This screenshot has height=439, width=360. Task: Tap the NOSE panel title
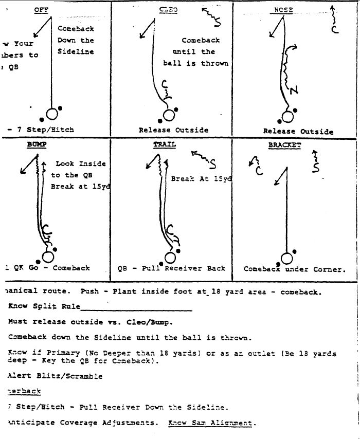point(284,10)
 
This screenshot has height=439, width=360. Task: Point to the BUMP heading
point(37,145)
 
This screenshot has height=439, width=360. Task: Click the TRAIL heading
point(164,145)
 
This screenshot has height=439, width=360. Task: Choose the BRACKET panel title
point(284,145)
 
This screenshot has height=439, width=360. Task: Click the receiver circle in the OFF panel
point(52,114)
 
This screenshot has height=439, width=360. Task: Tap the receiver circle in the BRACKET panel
point(286,258)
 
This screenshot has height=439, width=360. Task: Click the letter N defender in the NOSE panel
point(293,91)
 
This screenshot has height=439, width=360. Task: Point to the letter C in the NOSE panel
point(335,30)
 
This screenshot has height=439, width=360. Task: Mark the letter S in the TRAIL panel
point(212,164)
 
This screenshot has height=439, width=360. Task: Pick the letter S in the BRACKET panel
point(317,167)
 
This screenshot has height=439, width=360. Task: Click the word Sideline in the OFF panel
point(76,51)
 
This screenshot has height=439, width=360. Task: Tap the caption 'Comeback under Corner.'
point(295,269)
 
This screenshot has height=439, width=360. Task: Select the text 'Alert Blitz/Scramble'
point(55,376)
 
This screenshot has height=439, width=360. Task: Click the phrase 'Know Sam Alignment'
point(210,423)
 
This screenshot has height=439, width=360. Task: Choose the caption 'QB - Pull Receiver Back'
point(171,268)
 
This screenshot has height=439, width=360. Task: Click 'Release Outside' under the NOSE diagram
point(298,131)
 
